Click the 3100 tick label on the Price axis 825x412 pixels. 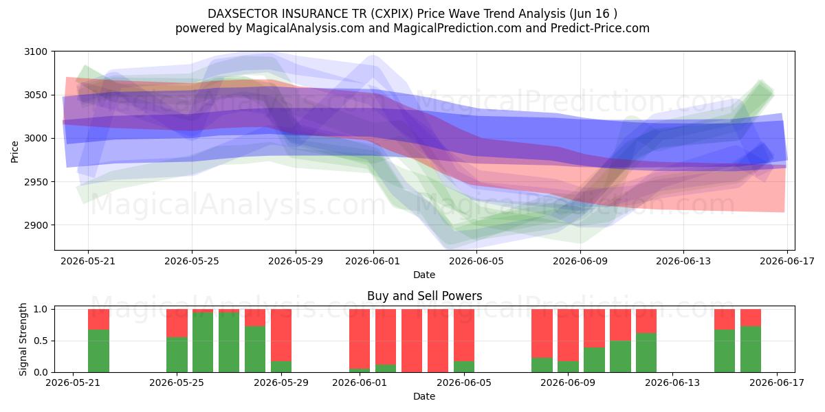[36, 52]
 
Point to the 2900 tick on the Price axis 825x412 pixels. [36, 225]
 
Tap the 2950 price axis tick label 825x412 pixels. [36, 182]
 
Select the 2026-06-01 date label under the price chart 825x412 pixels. [373, 261]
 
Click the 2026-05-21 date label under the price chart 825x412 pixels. [88, 261]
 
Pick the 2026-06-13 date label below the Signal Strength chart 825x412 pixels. [672, 382]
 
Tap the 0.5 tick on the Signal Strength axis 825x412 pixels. [41, 341]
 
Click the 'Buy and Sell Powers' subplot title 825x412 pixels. [424, 296]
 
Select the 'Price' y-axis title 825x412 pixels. [14, 152]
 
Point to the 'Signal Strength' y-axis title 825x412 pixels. [23, 339]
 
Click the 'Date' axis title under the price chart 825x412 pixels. [424, 275]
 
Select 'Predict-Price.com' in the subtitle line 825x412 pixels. [600, 28]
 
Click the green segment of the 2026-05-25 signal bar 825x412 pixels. [177, 354]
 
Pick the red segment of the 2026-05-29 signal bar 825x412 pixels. [281, 335]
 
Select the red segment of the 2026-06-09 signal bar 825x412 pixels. [568, 335]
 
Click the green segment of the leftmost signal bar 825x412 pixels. [99, 351]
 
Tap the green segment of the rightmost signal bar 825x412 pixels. [751, 350]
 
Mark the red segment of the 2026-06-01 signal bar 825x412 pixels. [360, 339]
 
